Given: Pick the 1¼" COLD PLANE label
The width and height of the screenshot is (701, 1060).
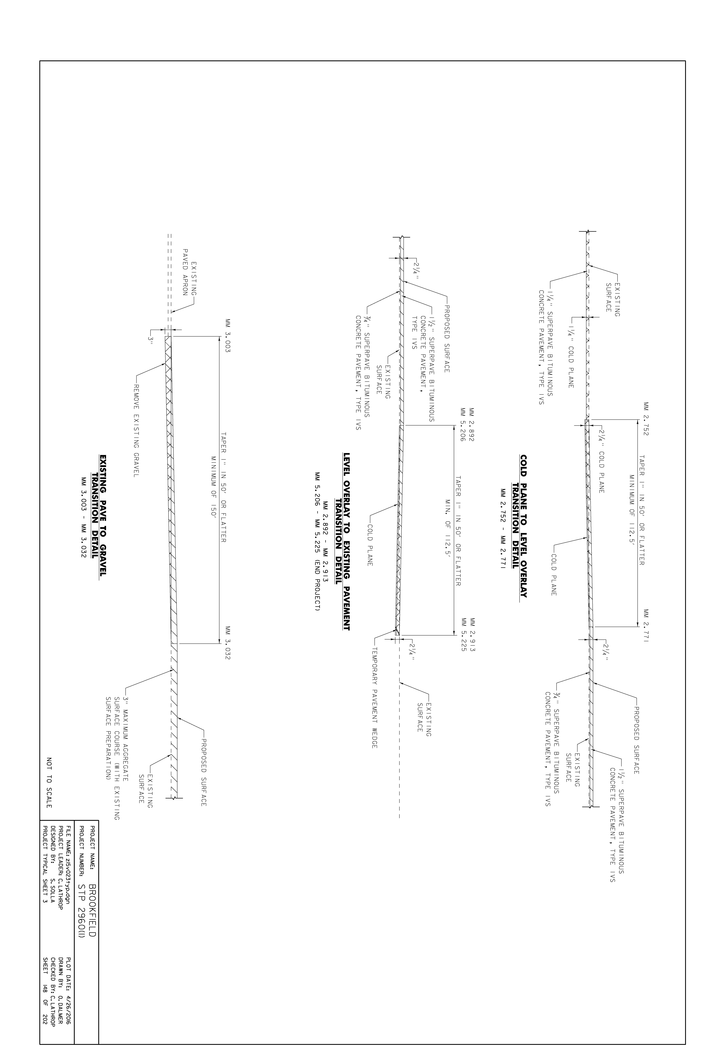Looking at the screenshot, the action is (571, 353).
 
